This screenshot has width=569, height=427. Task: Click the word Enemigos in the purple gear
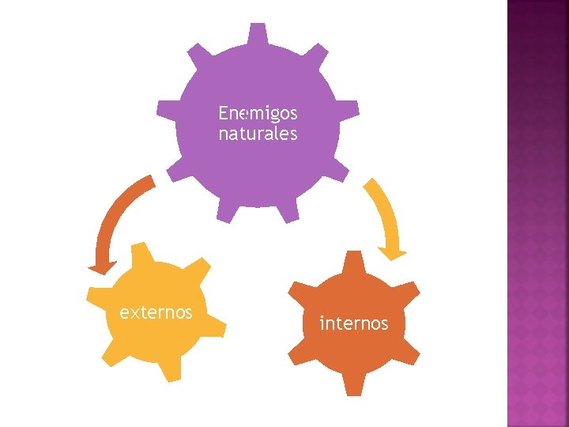pos(258,114)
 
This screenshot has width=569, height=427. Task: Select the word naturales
pos(258,134)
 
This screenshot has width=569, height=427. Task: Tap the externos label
pos(156,312)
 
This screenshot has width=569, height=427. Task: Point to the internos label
pos(353,323)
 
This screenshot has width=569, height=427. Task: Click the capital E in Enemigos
pos(223,114)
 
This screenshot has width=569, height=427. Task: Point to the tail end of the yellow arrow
pos(367,183)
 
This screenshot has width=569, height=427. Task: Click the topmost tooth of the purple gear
pos(258,33)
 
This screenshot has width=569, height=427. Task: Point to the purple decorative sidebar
pos(537,213)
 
